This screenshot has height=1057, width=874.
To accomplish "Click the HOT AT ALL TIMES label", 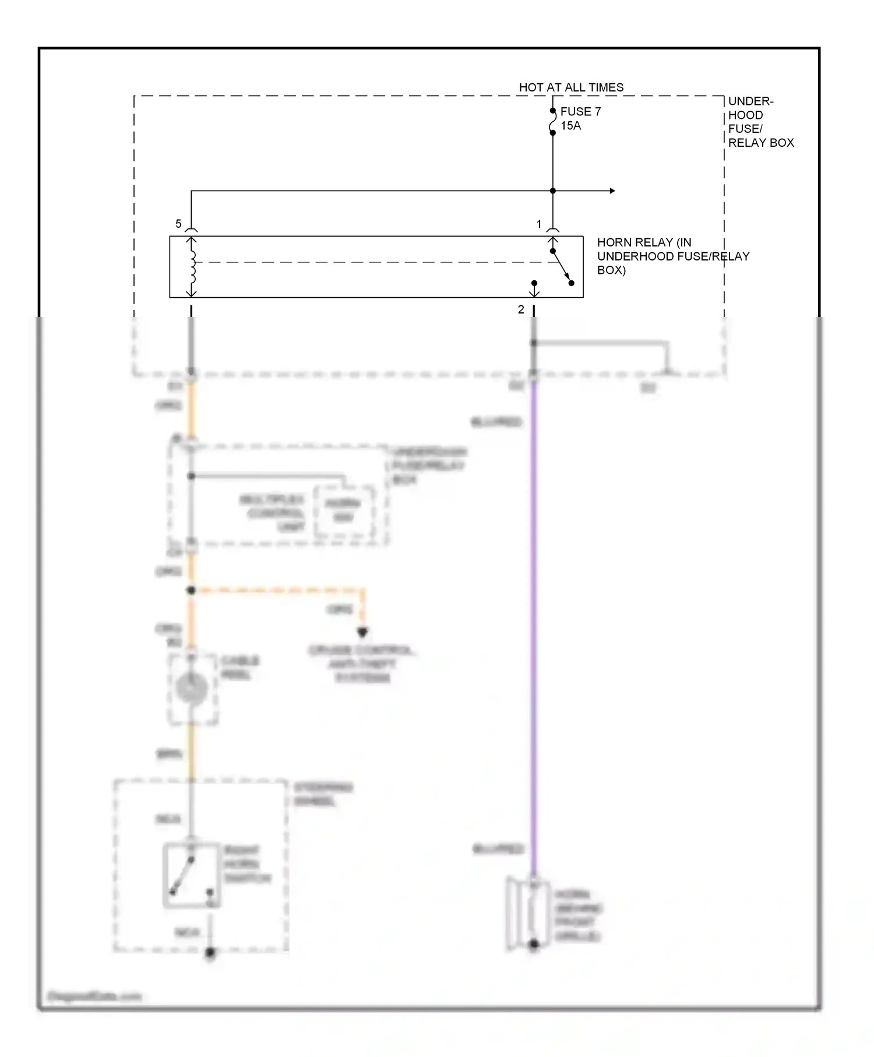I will (570, 87).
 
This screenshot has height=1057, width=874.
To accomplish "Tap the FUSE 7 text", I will (580, 111).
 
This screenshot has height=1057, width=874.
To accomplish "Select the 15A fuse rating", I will (570, 126).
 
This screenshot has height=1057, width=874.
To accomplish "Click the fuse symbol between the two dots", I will (552, 122).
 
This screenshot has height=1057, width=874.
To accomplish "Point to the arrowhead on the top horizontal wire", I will (612, 191).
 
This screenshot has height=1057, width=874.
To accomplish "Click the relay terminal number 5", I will (178, 224).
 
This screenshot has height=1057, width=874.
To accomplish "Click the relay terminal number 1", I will (539, 224).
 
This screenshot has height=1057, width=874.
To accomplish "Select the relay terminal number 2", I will (521, 310).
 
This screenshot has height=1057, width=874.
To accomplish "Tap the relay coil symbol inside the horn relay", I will (192, 266).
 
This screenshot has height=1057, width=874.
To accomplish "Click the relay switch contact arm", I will (562, 267).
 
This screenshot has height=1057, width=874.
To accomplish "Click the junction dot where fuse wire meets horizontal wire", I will (552, 191).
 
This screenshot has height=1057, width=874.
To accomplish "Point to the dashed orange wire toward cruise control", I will (280, 590).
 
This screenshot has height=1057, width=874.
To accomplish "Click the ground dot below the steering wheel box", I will (210, 953).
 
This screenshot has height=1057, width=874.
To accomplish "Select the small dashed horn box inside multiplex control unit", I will (344, 511).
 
